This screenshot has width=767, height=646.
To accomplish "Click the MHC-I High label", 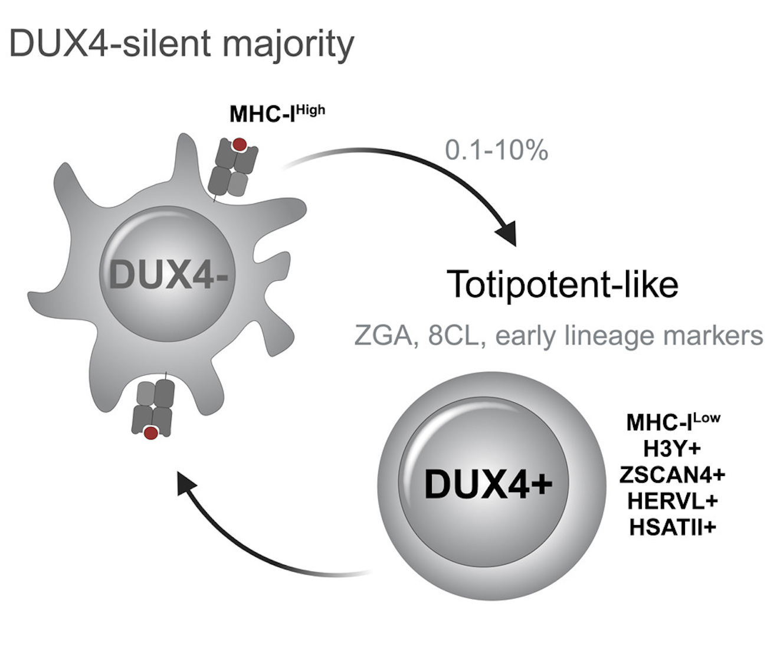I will tap(277, 113).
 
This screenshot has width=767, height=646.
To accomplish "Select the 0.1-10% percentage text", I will tap(496, 150).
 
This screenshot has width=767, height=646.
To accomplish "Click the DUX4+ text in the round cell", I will tap(489, 485).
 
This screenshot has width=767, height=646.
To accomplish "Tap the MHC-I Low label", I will tap(673, 422).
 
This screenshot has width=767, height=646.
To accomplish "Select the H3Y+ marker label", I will tap(672, 448).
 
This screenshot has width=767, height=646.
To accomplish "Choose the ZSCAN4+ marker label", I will tap(672, 474).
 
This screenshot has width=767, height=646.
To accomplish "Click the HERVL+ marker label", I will tap(672, 500).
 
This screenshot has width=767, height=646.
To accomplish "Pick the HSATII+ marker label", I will tap(672, 526).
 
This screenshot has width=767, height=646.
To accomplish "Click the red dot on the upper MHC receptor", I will tap(240, 145).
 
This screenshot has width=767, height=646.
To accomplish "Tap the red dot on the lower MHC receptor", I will tap(151, 433).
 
